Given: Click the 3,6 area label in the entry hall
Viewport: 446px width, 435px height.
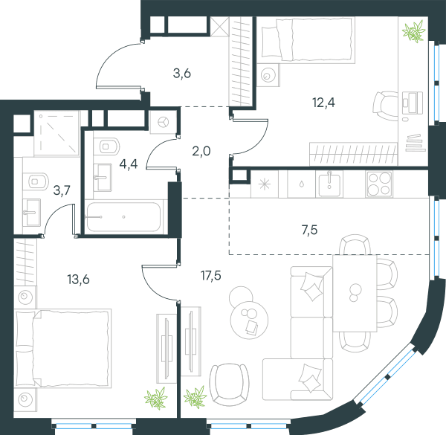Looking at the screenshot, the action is pyautogui.click(x=182, y=74).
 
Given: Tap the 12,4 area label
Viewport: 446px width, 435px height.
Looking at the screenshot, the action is pyautogui.click(x=323, y=103).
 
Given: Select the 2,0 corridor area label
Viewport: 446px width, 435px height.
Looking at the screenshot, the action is pyautogui.click(x=201, y=151).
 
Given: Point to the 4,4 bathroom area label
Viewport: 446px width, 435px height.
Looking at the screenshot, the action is pyautogui.click(x=129, y=164).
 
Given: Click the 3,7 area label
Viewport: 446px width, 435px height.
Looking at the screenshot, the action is pyautogui.click(x=62, y=190).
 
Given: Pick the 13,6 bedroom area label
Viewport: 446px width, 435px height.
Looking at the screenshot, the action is pyautogui.click(x=78, y=280).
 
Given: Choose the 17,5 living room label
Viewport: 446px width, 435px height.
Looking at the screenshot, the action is pyautogui.click(x=211, y=275).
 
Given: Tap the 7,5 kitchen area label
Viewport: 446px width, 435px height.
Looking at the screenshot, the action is pyautogui.click(x=309, y=230).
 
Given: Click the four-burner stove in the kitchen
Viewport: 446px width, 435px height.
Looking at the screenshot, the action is pyautogui.click(x=380, y=184).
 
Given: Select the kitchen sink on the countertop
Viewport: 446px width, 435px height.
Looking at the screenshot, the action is pyautogui.click(x=329, y=184).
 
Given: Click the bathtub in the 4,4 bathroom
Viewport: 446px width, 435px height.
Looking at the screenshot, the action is pyautogui.click(x=123, y=217).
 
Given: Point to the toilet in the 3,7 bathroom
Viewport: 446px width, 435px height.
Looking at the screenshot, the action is pyautogui.click(x=35, y=181).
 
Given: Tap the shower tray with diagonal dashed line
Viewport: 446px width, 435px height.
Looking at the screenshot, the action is pyautogui.click(x=56, y=133).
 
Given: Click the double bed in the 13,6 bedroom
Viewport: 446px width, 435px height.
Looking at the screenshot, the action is pyautogui.click(x=63, y=349).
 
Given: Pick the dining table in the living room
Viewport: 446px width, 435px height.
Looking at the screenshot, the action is pyautogui.click(x=355, y=293).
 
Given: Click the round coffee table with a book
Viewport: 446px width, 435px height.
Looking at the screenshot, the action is pyautogui.click(x=249, y=320).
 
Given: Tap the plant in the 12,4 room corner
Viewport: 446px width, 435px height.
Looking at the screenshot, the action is pyautogui.click(x=414, y=31).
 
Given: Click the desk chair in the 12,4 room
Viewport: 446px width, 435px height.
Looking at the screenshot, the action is pyautogui.click(x=384, y=106).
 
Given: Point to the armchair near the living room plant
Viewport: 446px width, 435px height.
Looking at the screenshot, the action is pyautogui.click(x=229, y=384).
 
